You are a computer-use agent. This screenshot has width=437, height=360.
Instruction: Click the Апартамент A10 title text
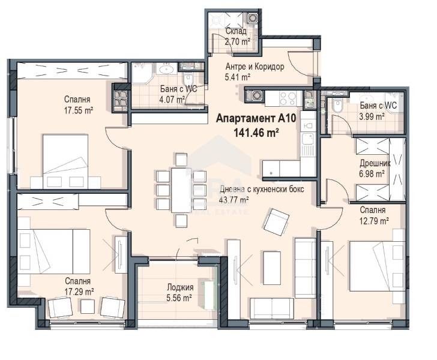[x=256, y=119]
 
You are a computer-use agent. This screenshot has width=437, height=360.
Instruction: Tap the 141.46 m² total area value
[x=256, y=133]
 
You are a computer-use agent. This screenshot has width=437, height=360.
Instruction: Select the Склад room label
[x=236, y=31]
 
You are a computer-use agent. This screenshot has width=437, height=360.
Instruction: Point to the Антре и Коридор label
[x=255, y=67]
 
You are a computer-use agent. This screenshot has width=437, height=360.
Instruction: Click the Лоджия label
[x=180, y=287]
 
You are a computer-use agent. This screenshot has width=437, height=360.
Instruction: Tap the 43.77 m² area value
[x=234, y=200]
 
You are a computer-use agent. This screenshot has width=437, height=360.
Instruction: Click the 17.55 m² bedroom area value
[x=78, y=110]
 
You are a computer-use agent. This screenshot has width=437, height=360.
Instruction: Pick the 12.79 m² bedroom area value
[x=375, y=221]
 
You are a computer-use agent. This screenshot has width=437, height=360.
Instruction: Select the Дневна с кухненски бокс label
[x=262, y=190]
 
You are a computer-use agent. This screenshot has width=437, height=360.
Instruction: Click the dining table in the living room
[x=181, y=190]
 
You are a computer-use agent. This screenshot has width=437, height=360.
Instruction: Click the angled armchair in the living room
[x=276, y=221]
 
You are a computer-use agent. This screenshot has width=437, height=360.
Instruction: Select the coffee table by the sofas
[x=272, y=268]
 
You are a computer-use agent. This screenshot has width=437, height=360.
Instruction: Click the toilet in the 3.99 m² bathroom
[x=337, y=106]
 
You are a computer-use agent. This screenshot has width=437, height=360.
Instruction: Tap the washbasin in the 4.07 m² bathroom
[x=166, y=69]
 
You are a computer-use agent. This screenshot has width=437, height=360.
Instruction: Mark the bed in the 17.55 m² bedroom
[x=65, y=161]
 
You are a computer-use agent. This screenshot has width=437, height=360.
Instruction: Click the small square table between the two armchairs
[x=88, y=306]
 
